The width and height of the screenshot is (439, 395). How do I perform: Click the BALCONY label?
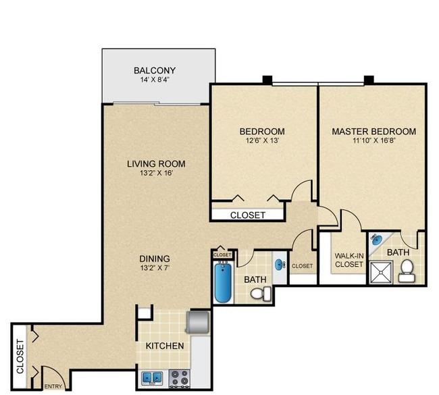click(x=155, y=70)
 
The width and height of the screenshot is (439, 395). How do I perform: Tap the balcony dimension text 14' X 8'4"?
click(x=155, y=80)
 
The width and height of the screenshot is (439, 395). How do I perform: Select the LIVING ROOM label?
click(x=156, y=164)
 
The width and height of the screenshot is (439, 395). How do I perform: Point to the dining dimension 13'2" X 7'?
click(x=155, y=268)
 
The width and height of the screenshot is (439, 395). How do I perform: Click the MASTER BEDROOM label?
click(x=374, y=131)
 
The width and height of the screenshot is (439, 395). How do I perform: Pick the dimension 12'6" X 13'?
click(x=262, y=140)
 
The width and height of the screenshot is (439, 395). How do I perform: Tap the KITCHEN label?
click(x=165, y=346)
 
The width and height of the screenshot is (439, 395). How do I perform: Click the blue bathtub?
click(x=224, y=282)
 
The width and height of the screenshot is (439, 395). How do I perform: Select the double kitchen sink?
click(x=152, y=378)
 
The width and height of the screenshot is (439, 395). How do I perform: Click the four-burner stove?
click(x=180, y=378)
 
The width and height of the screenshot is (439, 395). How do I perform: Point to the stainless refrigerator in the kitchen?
click(x=199, y=322)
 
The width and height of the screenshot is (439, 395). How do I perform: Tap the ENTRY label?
click(x=53, y=387)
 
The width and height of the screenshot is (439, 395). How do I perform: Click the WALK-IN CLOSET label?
click(x=349, y=260)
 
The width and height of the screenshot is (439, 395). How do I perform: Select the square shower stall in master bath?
click(x=381, y=273)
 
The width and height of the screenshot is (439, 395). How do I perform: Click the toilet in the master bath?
click(x=407, y=271)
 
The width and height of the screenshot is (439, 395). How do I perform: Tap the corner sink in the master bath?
click(x=377, y=240)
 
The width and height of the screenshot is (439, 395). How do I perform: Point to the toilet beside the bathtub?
click(x=261, y=294)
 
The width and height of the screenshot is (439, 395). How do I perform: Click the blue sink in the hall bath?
click(x=280, y=265)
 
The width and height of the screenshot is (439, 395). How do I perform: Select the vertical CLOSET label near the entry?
click(x=20, y=357)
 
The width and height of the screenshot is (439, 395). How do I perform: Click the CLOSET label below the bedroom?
click(x=248, y=215)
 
